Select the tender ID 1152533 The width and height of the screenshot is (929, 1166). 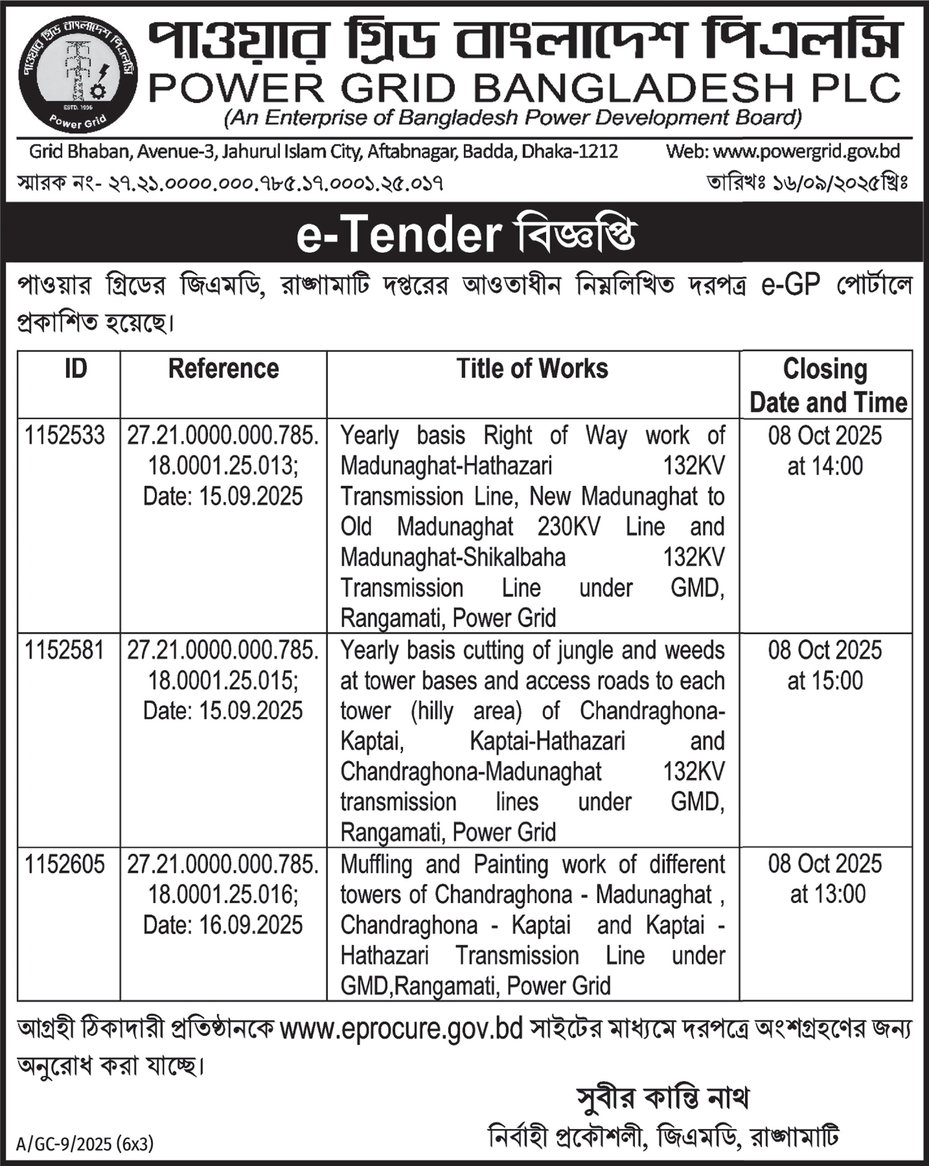[64, 436]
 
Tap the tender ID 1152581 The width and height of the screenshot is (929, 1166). [64, 650]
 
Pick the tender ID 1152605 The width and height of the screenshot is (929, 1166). [64, 864]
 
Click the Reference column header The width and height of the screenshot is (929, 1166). [223, 370]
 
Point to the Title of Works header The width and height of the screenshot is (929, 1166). [532, 370]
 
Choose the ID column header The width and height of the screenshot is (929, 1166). [76, 370]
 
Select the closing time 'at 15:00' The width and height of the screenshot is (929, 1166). [825, 680]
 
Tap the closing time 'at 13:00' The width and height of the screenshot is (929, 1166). [827, 894]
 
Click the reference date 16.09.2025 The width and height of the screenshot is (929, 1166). [223, 925]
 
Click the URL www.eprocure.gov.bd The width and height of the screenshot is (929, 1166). [401, 1029]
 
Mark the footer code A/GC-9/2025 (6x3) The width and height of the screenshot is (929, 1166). [85, 1144]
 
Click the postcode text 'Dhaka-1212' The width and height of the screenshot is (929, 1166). [569, 152]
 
